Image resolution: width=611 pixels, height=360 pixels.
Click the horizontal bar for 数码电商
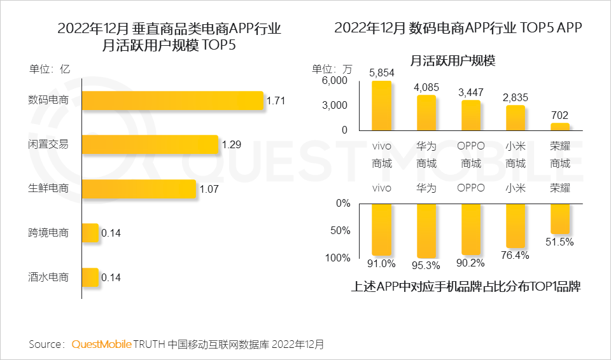tap(172, 100)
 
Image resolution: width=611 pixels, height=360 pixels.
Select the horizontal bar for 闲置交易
tap(150, 144)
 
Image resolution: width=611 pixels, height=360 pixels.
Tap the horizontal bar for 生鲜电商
tap(139, 189)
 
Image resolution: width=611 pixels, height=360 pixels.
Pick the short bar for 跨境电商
tap(90, 233)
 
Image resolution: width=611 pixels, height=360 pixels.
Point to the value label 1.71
tap(276, 100)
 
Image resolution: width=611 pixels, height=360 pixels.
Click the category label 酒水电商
tap(48, 277)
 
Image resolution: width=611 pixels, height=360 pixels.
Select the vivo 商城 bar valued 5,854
tap(382, 105)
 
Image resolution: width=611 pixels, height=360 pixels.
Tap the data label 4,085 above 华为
tap(426, 87)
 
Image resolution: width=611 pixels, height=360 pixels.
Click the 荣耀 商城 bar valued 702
tap(560, 126)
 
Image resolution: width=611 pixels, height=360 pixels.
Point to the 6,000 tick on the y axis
tap(335, 81)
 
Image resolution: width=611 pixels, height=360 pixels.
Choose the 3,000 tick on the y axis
tap(335, 105)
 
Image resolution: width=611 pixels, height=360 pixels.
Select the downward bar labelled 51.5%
tap(560, 219)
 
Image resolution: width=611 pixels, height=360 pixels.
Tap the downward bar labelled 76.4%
tap(516, 226)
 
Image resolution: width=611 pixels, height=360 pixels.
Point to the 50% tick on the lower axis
tap(340, 230)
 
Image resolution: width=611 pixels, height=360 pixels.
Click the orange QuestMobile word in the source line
tap(101, 344)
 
